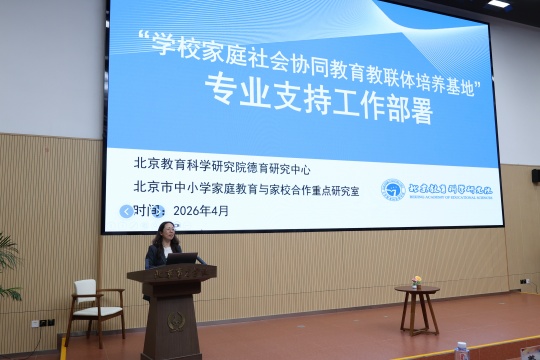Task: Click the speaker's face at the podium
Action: [164, 240]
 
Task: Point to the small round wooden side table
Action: [417, 309]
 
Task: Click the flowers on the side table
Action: [417, 281]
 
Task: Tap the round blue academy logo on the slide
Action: [393, 189]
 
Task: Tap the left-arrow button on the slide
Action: [125, 211]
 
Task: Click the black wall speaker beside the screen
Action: [535, 176]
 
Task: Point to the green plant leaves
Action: [8, 262]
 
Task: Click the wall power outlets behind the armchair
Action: [45, 323]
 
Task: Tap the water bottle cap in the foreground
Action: [461, 347]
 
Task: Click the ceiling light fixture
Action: [498, 4]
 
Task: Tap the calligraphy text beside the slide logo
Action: [450, 188]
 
